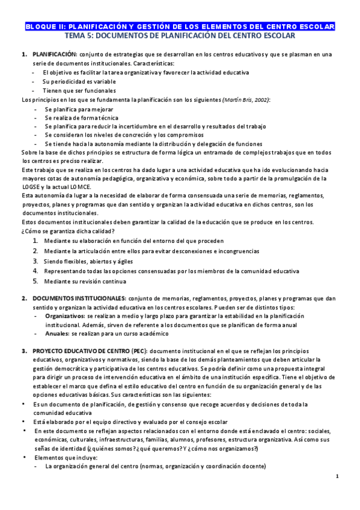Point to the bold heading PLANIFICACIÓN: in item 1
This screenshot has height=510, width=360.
[54, 55]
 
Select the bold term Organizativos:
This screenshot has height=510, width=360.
[65, 316]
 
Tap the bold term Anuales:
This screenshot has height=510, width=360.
[57, 333]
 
